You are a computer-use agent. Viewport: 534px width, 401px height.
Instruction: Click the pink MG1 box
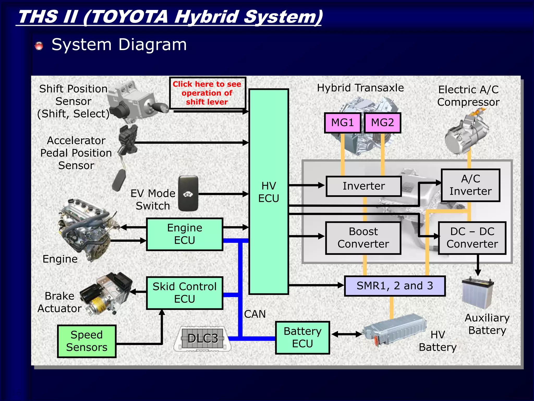[x=342, y=123]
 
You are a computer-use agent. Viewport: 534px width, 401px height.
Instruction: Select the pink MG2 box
[x=382, y=123]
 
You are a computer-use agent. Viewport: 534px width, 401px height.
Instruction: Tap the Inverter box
[x=363, y=186]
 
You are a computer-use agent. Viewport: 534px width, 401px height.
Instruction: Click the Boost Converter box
[x=363, y=238]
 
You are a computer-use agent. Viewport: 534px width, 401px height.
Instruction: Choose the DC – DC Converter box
[x=472, y=238]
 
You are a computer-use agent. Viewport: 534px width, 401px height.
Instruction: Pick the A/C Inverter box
[x=470, y=185]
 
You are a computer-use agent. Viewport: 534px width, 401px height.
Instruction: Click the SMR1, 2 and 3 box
[x=395, y=286]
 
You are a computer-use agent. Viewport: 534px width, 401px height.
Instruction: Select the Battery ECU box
[x=302, y=338]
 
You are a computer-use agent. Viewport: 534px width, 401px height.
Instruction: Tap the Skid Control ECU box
[x=184, y=293]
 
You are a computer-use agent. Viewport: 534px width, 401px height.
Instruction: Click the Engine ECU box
[x=184, y=234]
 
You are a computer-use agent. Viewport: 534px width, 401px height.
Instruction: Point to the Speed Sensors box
[x=87, y=341]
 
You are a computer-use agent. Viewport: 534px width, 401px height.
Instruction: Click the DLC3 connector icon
[x=203, y=339]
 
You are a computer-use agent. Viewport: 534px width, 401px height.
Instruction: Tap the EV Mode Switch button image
[x=188, y=194]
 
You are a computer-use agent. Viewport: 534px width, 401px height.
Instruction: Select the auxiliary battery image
[x=478, y=293]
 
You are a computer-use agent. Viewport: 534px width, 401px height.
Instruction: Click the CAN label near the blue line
[x=255, y=314]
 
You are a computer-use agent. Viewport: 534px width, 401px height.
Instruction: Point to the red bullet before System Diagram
[x=39, y=46]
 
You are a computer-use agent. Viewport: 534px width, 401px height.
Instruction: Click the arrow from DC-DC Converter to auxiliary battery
[x=478, y=265]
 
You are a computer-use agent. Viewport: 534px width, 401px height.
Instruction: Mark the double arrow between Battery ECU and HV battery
[x=347, y=334]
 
